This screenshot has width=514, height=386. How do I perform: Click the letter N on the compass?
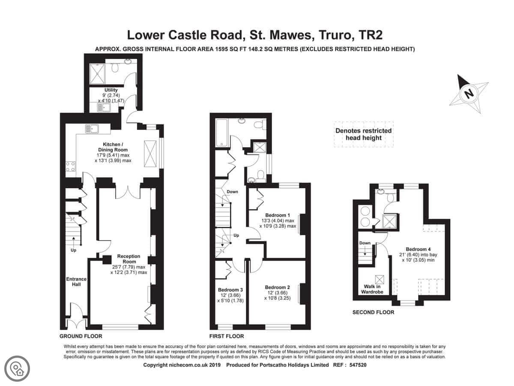[469, 94]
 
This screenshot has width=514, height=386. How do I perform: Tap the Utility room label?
[111, 90]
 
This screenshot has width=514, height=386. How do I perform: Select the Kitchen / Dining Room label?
[113, 147]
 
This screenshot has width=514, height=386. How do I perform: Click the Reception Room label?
[129, 259]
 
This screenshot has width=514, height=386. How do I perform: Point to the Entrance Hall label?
[76, 282]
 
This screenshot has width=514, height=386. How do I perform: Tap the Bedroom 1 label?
[278, 215]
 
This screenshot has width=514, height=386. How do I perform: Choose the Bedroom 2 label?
[278, 287]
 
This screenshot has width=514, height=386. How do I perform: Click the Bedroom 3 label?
[230, 289]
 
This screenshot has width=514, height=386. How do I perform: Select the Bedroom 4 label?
[418, 249]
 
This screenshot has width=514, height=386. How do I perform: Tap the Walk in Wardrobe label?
[372, 289]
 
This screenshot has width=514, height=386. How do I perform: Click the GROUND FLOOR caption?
[81, 336]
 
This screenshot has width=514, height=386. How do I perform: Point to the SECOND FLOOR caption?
[373, 312]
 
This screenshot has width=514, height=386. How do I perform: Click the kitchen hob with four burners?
[71, 166]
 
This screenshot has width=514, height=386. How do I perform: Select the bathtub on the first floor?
[221, 133]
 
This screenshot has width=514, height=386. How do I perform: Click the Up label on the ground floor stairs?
[73, 250]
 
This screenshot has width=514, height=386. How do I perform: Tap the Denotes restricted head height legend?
[363, 134]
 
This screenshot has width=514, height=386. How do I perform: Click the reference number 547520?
[358, 365]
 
